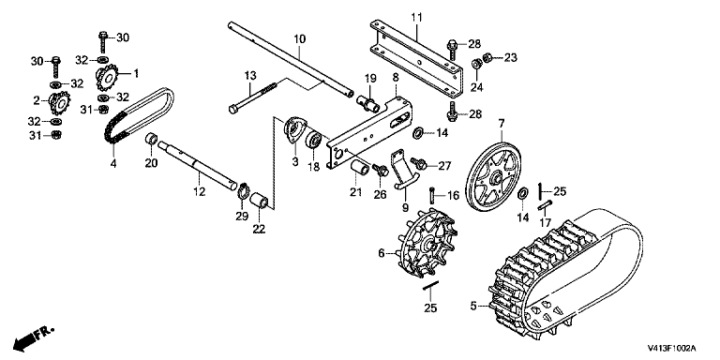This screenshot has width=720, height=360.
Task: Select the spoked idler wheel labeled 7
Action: click(493, 177)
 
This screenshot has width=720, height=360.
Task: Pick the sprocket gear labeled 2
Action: click(60, 103)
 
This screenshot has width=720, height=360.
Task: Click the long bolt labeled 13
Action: click(252, 97)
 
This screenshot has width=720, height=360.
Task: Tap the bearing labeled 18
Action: click(314, 139)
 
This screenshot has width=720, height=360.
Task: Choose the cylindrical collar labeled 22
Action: click(259, 201)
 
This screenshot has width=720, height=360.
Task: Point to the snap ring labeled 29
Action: click(243, 190)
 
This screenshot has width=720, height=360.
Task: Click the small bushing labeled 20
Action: click(152, 138)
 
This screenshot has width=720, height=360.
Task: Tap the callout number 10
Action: click(299, 39)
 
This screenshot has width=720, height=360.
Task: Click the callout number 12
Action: click(199, 191)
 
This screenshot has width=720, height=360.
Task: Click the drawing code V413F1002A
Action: click(672, 348)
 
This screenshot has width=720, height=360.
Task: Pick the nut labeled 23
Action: click(488, 57)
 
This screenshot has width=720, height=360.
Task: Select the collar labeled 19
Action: click(368, 103)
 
